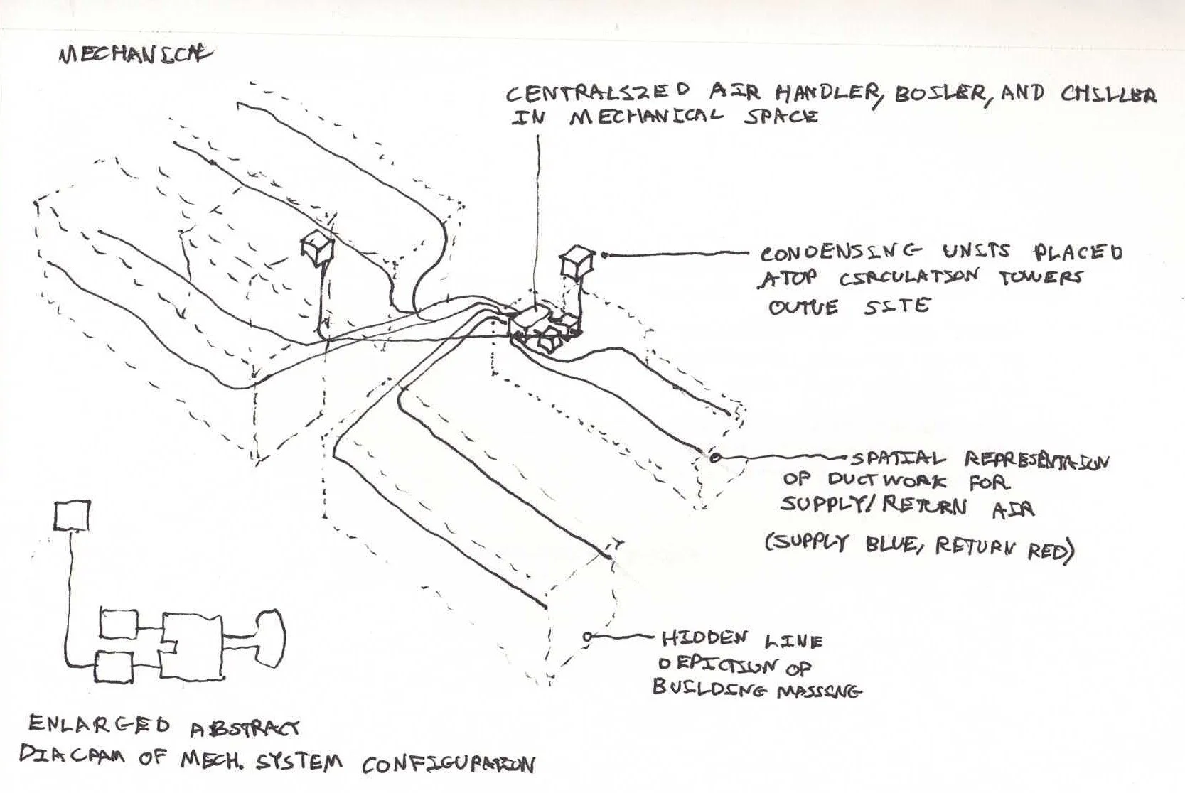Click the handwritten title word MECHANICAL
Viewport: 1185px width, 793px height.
135,55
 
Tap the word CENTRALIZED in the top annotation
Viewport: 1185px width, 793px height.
597,92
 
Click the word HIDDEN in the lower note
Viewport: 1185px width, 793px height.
704,638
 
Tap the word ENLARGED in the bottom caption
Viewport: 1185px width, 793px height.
99,725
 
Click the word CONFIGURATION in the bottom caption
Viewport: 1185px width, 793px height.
448,765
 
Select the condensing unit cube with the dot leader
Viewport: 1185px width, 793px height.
575,261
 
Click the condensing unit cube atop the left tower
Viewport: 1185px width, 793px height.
316,248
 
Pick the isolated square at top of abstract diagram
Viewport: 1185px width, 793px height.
72,516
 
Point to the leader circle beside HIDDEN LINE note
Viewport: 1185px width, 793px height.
587,637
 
